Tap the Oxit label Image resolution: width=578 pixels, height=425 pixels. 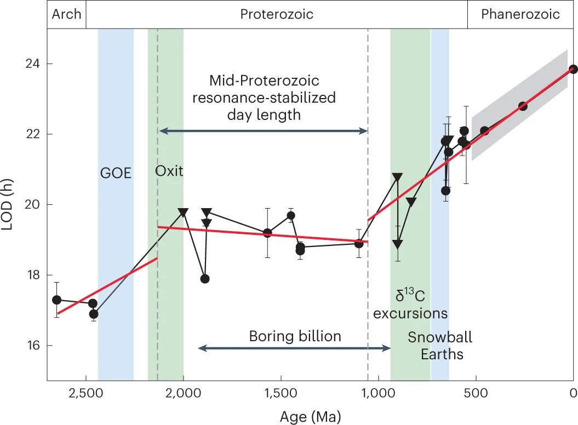(169, 171)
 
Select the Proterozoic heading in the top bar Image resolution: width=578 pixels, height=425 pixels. (277, 14)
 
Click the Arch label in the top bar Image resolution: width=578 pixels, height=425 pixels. (66, 14)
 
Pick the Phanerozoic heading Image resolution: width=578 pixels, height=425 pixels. (520, 14)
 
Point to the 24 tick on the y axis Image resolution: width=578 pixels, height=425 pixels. (34, 64)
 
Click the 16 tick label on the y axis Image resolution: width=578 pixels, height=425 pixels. (34, 346)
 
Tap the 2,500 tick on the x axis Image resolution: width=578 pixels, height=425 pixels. (86, 393)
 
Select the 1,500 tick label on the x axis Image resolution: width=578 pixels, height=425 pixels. (281, 393)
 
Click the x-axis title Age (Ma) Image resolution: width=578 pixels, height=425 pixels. (310, 416)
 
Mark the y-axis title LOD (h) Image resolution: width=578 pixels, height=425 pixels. (9, 205)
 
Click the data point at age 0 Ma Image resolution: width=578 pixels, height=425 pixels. (573, 69)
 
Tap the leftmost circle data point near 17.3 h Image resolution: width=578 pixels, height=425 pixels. (56, 300)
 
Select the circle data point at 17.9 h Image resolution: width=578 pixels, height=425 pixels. (205, 279)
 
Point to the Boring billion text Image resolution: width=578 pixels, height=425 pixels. (295, 336)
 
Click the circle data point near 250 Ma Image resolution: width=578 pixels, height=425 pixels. (523, 106)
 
